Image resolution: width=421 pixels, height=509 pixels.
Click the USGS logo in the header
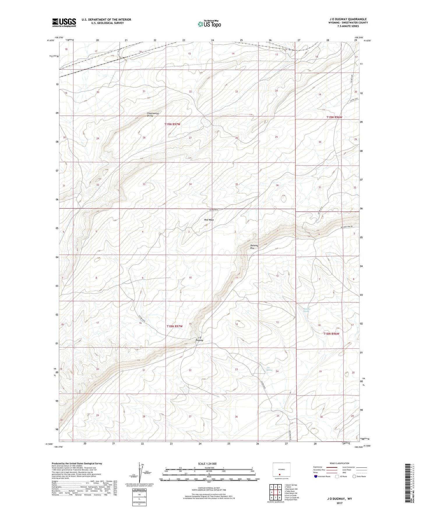click(64, 22)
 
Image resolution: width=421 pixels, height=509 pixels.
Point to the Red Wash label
click(209, 220)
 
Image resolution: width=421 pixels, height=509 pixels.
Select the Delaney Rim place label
click(254, 247)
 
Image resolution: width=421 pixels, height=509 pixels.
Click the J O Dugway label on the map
click(199, 339)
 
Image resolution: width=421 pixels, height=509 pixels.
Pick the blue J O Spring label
click(269, 369)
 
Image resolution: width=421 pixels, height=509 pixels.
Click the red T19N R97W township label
click(172, 124)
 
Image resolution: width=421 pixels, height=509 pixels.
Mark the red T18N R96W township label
click(332, 334)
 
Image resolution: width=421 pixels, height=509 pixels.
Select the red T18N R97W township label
click(175, 326)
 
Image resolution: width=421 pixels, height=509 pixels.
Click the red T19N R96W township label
click(334, 117)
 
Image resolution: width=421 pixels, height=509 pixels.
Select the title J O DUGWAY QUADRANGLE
click(348, 19)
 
